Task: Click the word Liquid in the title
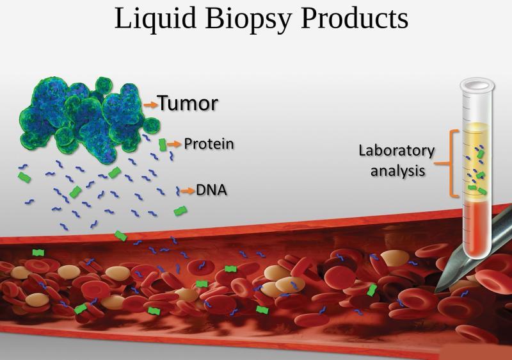pyautogui.click(x=155, y=19)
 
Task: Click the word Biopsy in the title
pyautogui.click(x=248, y=19)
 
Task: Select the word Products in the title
pyautogui.click(x=355, y=18)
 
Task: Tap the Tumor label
pyautogui.click(x=188, y=103)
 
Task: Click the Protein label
pyautogui.click(x=209, y=143)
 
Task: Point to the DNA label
pyautogui.click(x=211, y=190)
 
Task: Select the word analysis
pyautogui.click(x=397, y=171)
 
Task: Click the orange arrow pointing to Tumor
pyautogui.click(x=150, y=104)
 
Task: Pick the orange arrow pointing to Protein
pyautogui.click(x=174, y=143)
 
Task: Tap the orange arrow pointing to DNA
pyautogui.click(x=188, y=191)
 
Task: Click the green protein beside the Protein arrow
pyautogui.click(x=163, y=145)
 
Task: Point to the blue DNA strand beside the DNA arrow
pyautogui.click(x=178, y=191)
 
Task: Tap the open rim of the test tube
pyautogui.click(x=477, y=85)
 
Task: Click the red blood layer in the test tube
pyautogui.click(x=477, y=229)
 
